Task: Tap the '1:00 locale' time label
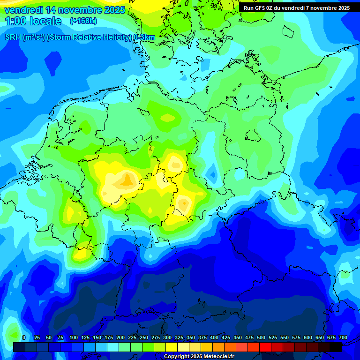click(x=33, y=21)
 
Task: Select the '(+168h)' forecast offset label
click(x=83, y=21)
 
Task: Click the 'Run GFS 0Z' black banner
click(x=296, y=8)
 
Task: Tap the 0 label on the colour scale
click(x=24, y=337)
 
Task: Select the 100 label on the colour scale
click(x=74, y=337)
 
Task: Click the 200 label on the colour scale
click(x=120, y=337)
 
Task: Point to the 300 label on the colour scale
click(x=167, y=337)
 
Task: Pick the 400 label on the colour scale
click(x=214, y=337)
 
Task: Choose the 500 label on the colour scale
click(x=261, y=337)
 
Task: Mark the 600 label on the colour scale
click(x=308, y=337)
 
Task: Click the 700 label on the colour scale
click(x=343, y=337)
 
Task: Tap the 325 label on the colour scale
click(x=179, y=337)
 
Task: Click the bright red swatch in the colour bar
click(x=265, y=347)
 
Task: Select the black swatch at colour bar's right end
click(x=336, y=347)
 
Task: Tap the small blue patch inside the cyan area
click(x=213, y=174)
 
